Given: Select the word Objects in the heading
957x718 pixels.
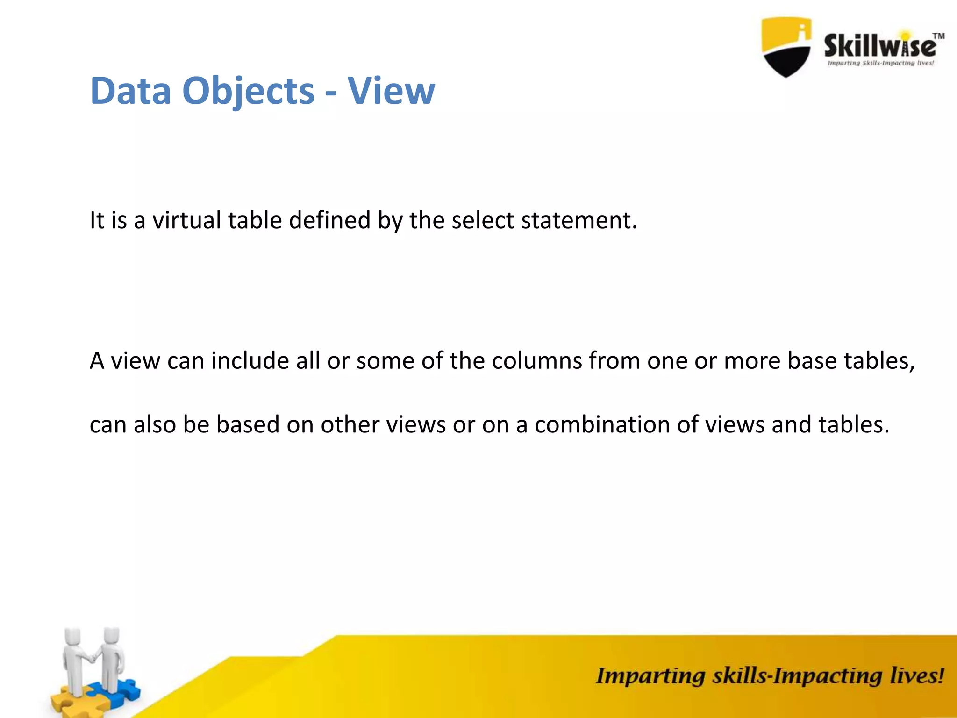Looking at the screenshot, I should coord(248,92).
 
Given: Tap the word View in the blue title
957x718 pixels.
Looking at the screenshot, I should coord(391,91).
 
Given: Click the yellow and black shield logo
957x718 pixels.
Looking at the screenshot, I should coord(786,47).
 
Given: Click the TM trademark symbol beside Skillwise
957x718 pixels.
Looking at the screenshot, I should coord(938,36).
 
